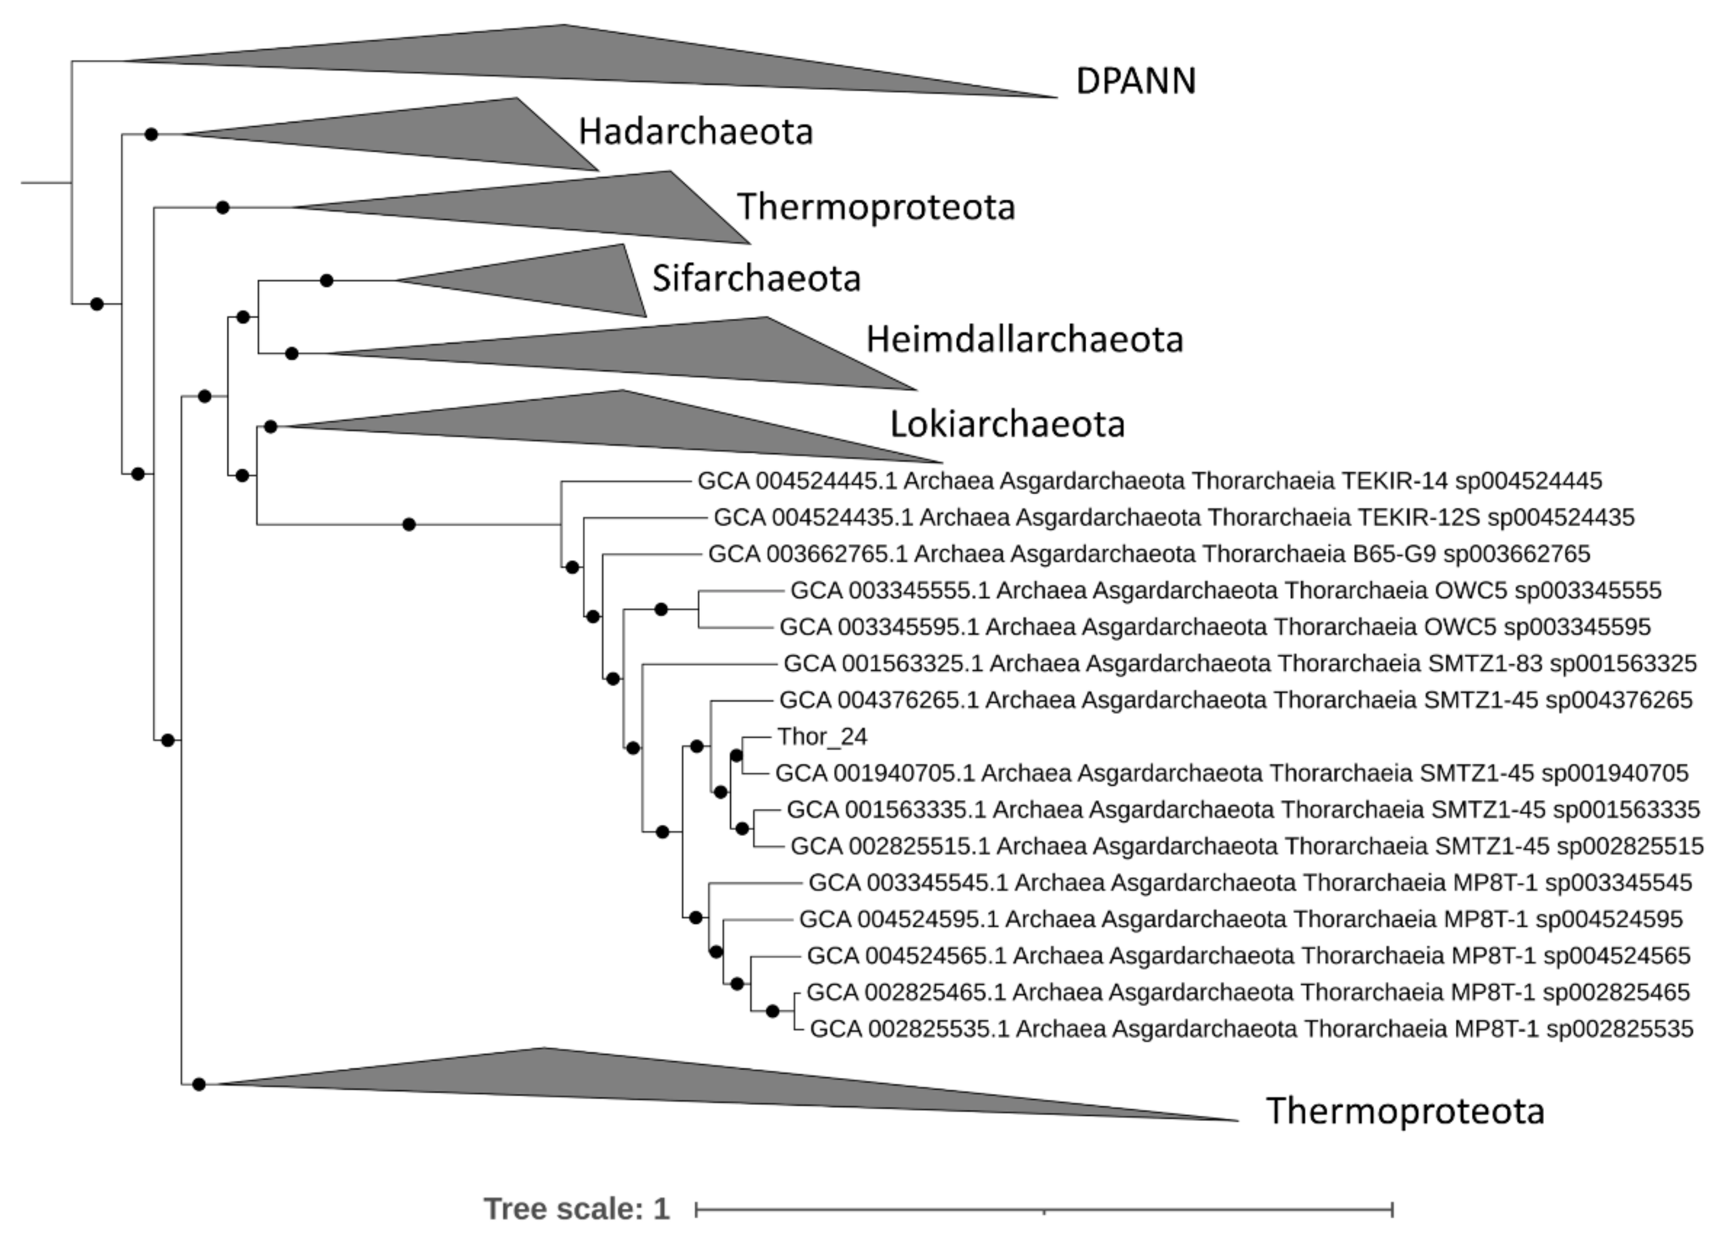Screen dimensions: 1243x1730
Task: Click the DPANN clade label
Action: tap(1135, 81)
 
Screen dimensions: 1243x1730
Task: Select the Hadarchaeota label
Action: tap(695, 131)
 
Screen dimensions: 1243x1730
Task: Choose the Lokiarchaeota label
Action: tap(1007, 424)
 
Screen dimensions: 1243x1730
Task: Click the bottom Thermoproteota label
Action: tap(1404, 1110)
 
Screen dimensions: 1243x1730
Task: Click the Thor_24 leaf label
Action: tap(822, 736)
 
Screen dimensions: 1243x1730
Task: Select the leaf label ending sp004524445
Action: tap(1149, 481)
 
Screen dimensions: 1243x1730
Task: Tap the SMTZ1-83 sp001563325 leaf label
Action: tap(1240, 663)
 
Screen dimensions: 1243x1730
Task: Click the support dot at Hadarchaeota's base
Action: tap(151, 134)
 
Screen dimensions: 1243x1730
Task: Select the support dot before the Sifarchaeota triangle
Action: tap(327, 281)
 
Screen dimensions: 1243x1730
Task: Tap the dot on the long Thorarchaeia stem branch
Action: tap(409, 524)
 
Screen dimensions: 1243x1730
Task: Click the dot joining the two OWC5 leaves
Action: tap(661, 609)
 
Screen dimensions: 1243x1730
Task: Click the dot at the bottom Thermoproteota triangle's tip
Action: tap(198, 1084)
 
